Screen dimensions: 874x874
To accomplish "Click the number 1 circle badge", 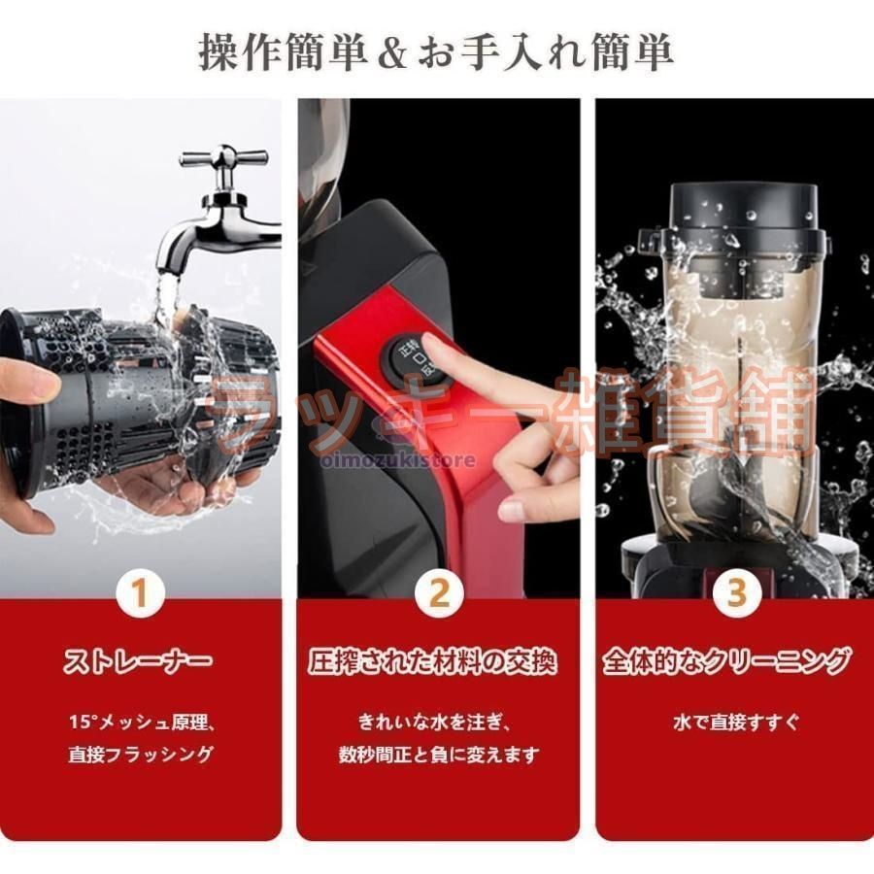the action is click(140, 592).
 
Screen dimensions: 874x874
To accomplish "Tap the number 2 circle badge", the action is click(439, 592).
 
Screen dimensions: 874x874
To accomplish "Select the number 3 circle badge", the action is click(737, 592).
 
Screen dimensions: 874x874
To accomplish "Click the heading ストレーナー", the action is click(139, 661).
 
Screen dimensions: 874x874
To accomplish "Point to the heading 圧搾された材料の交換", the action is click(432, 661).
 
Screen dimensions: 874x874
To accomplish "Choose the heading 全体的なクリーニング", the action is click(726, 661).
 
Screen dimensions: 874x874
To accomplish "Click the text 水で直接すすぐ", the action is click(736, 723).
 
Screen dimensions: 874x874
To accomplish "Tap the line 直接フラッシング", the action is click(141, 755).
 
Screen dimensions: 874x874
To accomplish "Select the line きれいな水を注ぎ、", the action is click(435, 723).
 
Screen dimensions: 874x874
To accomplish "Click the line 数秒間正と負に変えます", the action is click(439, 755).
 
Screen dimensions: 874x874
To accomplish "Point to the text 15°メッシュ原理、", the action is click(142, 723).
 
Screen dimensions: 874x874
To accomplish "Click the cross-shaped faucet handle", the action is click(223, 157).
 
